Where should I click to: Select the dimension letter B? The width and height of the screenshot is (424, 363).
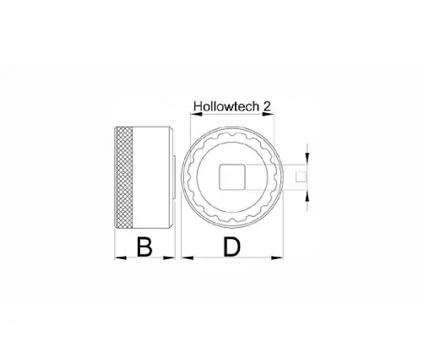click(144, 247)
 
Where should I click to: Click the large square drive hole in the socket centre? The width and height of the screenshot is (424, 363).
click(232, 178)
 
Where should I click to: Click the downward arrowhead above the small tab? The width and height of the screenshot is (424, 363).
click(307, 160)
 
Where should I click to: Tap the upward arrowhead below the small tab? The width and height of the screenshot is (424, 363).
click(307, 196)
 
